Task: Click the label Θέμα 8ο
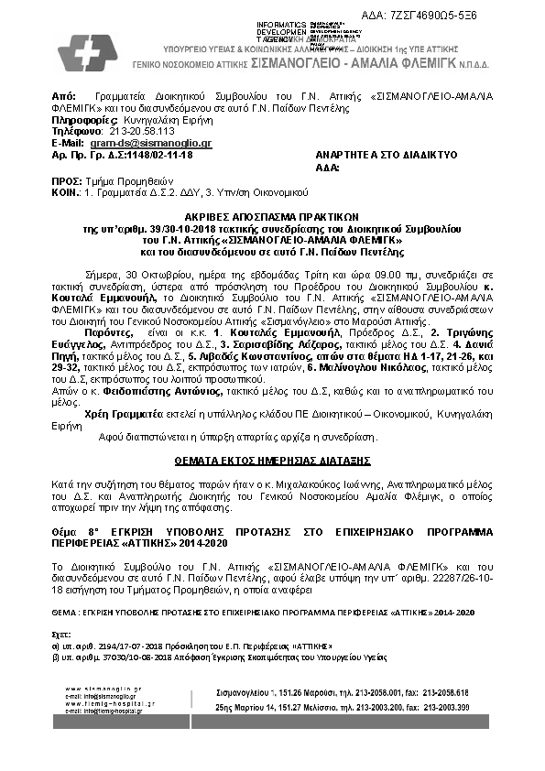[x=72, y=531]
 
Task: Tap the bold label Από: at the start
[x=63, y=95]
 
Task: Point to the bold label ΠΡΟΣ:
[x=67, y=182]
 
